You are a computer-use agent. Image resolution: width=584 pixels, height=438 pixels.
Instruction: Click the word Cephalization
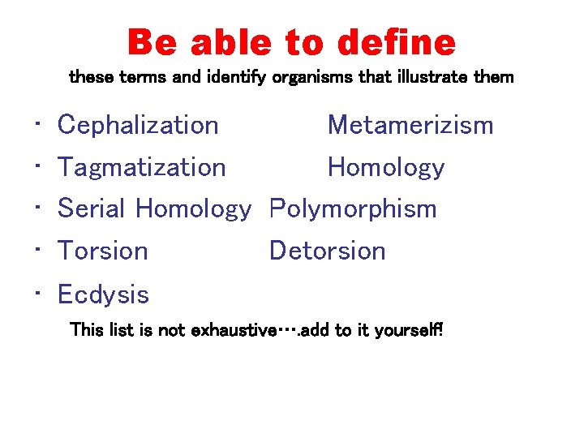click(138, 125)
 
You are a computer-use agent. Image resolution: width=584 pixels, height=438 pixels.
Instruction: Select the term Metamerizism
click(410, 125)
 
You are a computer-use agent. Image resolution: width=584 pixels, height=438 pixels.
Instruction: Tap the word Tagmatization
click(142, 167)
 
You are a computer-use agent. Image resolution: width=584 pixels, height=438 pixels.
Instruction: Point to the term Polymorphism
click(353, 209)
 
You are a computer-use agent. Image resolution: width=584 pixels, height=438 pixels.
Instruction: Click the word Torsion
click(103, 251)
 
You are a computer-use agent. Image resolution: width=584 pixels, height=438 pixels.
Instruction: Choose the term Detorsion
click(327, 251)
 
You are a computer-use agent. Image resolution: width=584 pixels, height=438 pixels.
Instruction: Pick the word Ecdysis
click(104, 294)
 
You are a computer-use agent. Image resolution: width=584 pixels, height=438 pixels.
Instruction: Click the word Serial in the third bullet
click(92, 209)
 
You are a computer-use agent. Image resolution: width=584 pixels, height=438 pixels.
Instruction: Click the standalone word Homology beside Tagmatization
click(386, 167)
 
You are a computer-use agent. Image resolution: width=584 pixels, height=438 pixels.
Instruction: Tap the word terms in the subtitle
click(127, 78)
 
